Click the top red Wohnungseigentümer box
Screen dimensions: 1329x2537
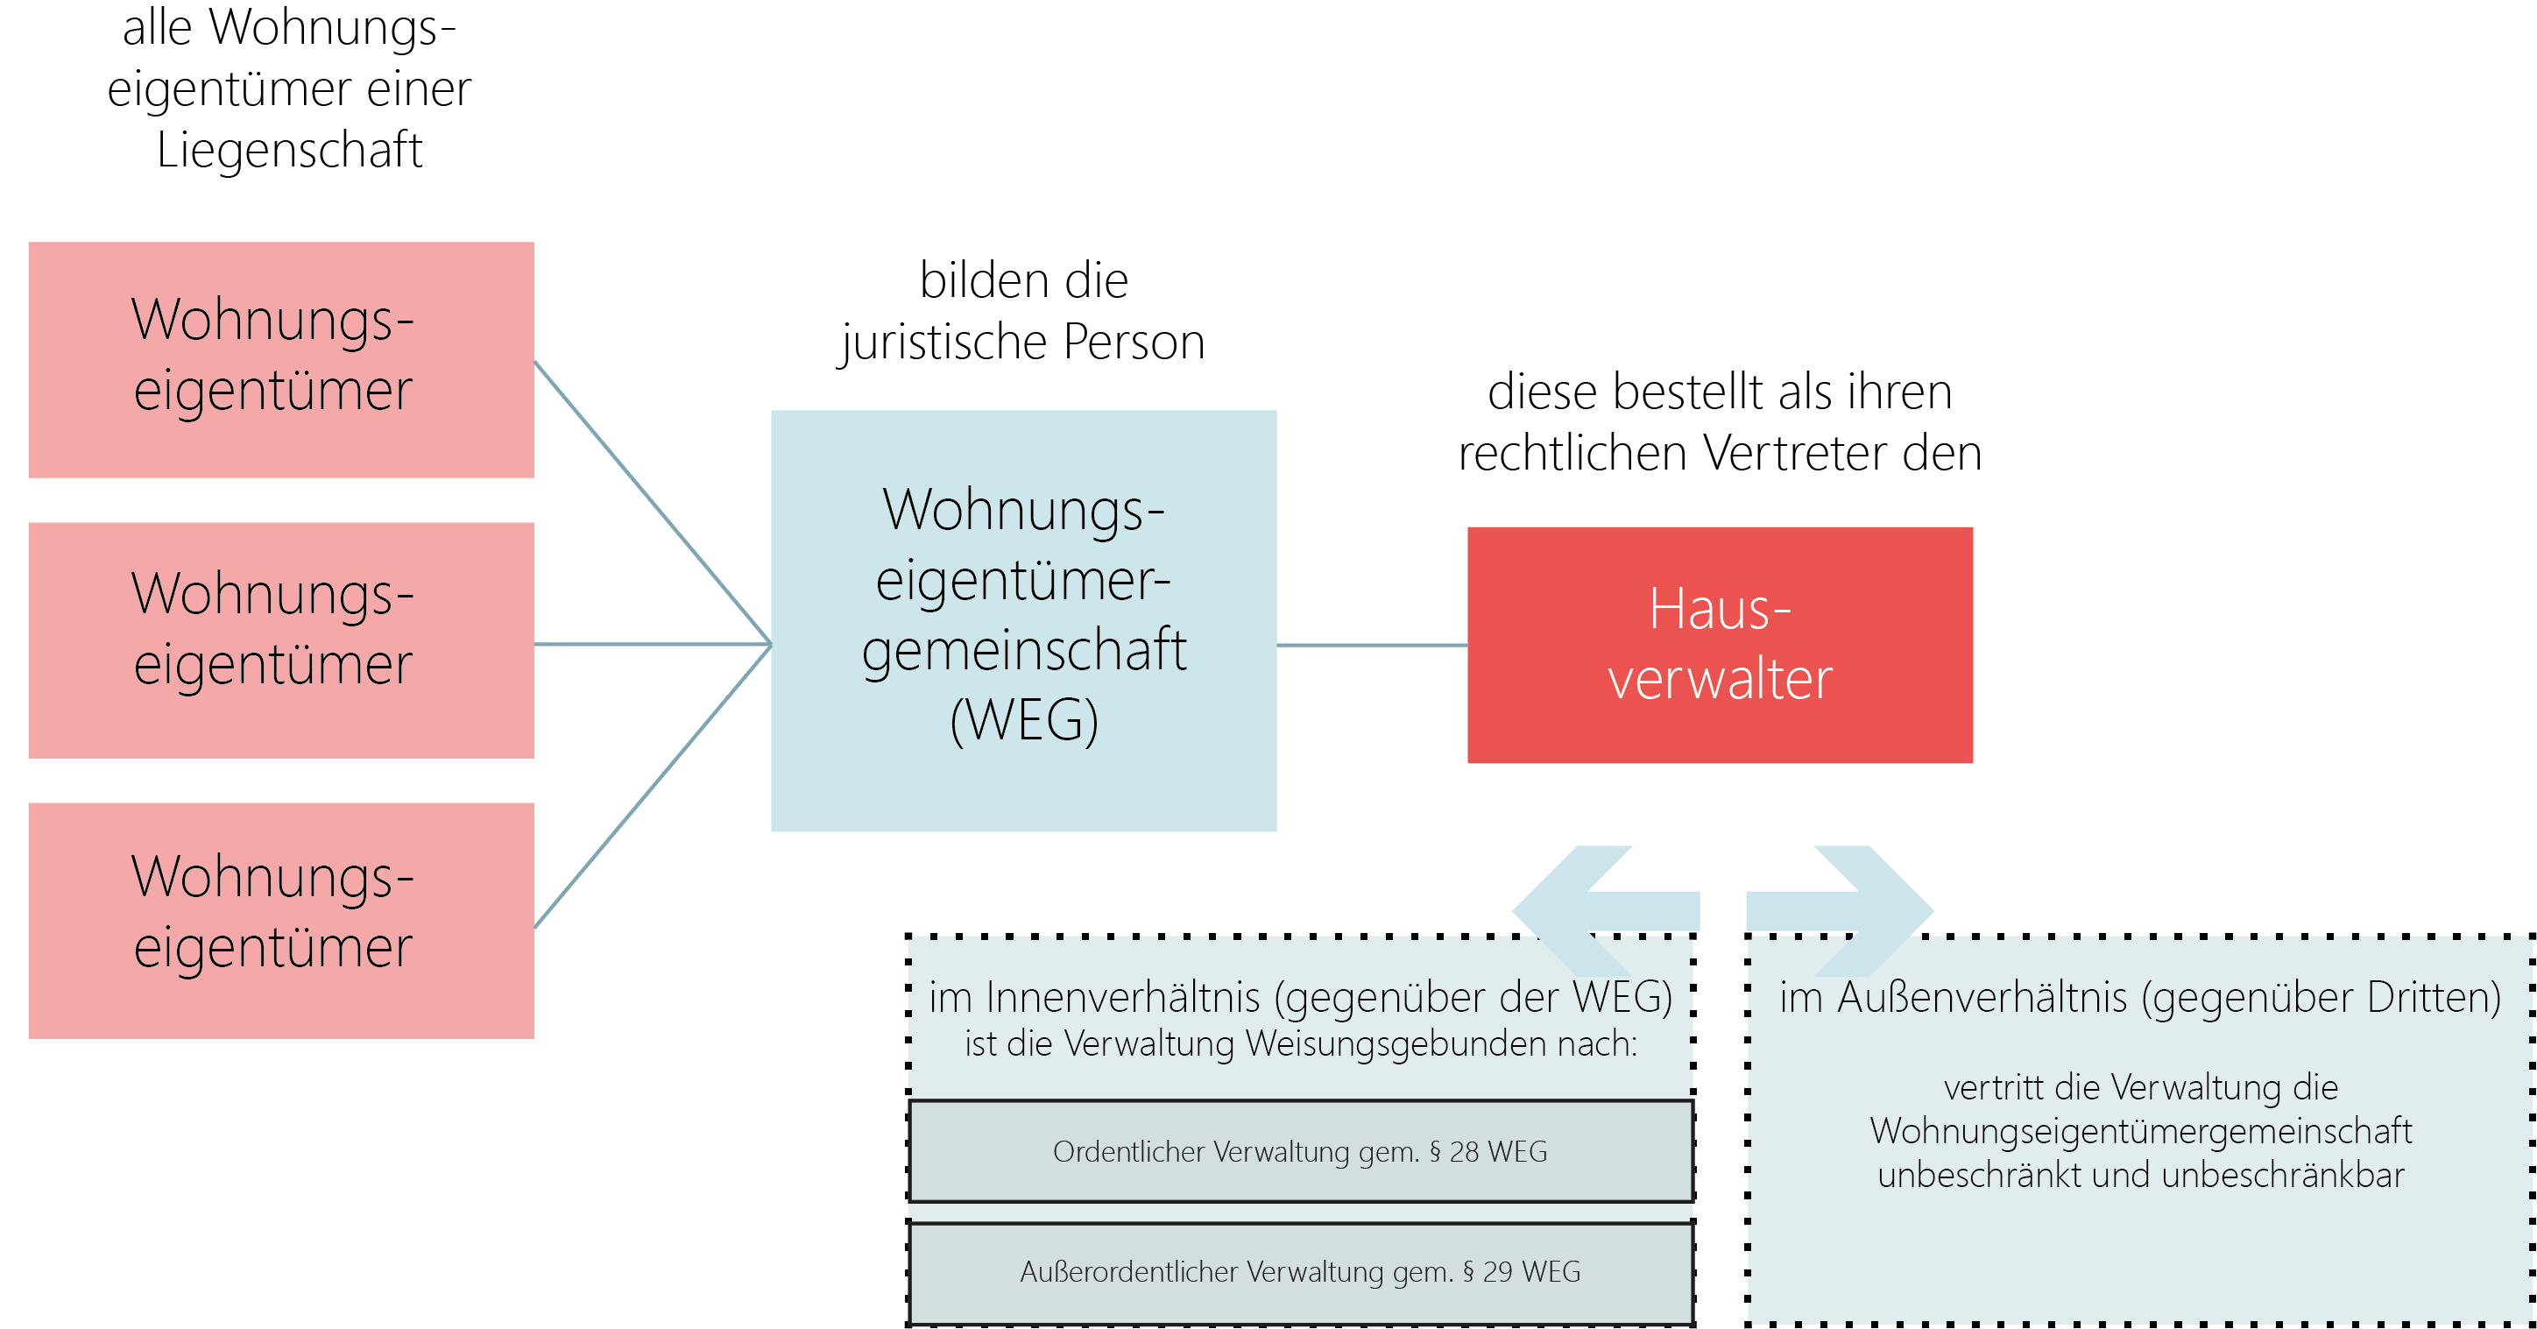coord(280,359)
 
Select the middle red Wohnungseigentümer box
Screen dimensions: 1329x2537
coord(280,640)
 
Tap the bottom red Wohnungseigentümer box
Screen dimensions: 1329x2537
coord(280,920)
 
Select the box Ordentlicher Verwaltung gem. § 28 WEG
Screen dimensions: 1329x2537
coord(1300,1150)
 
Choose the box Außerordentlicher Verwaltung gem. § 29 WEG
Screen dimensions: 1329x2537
coord(1300,1272)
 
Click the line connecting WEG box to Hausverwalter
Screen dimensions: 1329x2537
coord(1371,646)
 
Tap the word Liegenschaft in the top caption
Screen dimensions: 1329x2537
coord(290,151)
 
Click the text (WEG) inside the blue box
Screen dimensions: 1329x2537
coord(1024,719)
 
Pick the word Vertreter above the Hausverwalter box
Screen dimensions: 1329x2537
coord(1794,453)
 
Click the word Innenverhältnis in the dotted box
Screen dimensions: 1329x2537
coord(1123,997)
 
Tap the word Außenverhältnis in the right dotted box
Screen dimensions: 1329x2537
coord(1982,997)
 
